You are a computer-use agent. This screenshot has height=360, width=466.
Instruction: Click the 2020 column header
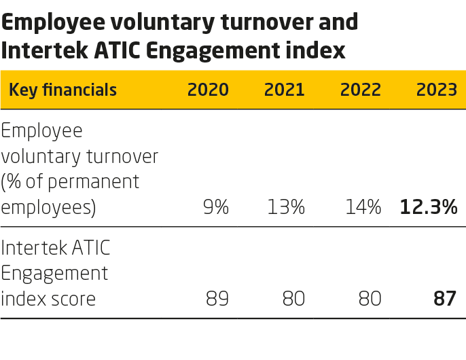coord(208,90)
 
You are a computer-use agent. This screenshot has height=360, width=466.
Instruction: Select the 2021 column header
coord(284,90)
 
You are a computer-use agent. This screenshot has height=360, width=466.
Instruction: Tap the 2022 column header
coord(360,90)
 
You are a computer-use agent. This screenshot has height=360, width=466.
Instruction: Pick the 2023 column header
coord(436,90)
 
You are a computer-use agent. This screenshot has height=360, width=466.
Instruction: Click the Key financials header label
coord(62,90)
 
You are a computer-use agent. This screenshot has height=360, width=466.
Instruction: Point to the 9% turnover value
coord(216,206)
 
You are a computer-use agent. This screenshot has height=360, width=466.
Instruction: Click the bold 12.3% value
coord(428,206)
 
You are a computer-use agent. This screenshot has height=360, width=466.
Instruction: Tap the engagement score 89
coord(217,298)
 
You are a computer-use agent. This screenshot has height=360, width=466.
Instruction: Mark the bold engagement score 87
coord(445,298)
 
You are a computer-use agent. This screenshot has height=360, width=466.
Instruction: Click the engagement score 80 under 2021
coord(293,298)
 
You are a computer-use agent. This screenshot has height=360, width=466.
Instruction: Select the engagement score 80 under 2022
coord(370,298)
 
